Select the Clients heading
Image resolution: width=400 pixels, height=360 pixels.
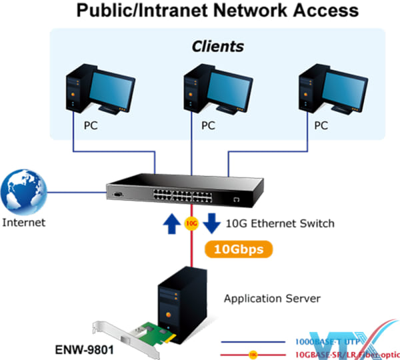pyautogui.click(x=217, y=47)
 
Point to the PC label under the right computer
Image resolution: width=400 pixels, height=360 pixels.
pyautogui.click(x=321, y=125)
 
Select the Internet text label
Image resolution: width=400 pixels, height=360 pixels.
pyautogui.click(x=24, y=222)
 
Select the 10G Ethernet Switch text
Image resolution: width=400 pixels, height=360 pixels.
pyautogui.click(x=281, y=223)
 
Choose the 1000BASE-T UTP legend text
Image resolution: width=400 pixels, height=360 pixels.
pyautogui.click(x=327, y=340)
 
